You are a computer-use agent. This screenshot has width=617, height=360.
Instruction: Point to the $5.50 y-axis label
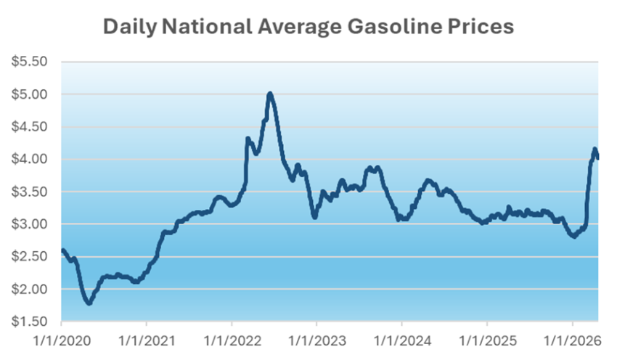(x=29, y=62)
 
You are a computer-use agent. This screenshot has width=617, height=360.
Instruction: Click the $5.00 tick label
(x=29, y=94)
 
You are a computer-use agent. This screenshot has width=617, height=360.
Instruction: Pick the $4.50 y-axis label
(x=29, y=127)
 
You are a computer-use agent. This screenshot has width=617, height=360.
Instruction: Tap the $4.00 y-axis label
(x=29, y=159)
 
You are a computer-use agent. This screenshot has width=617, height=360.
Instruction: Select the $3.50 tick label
(x=29, y=192)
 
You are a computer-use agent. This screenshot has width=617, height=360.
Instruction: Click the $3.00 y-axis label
(x=29, y=224)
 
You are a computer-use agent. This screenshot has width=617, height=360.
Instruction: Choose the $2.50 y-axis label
(x=29, y=257)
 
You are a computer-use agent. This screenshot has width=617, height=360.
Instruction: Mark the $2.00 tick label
(x=29, y=289)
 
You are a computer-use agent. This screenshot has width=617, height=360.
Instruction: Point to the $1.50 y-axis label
(x=29, y=322)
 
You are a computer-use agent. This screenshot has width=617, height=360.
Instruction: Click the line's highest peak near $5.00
(x=270, y=94)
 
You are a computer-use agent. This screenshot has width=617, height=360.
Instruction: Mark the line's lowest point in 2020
(x=89, y=303)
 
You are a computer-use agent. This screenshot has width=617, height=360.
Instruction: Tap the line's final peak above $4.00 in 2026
(x=594, y=150)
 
